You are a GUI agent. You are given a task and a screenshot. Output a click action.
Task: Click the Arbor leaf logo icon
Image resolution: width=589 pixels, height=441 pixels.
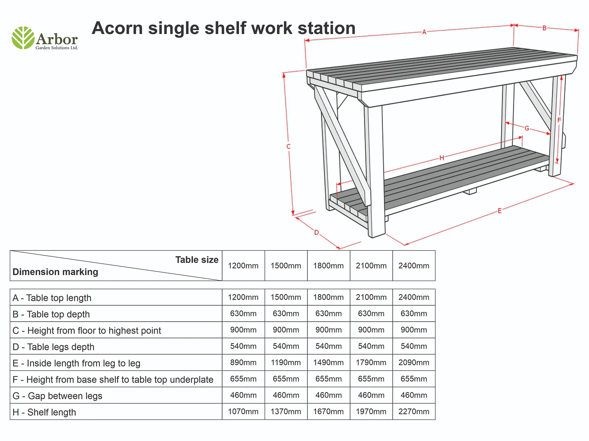coord(23,38)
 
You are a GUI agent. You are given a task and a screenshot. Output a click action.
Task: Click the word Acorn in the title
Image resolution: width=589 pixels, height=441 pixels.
coord(117,28)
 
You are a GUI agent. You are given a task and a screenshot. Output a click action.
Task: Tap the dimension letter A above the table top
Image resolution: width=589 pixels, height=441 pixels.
coord(424,32)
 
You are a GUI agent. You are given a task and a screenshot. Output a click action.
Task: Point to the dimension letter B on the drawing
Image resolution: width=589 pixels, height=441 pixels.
coord(544,28)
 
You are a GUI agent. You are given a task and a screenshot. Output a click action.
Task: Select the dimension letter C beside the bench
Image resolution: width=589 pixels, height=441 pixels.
coord(288,147)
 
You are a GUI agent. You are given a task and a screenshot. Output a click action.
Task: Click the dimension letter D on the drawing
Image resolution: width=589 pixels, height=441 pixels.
coord(316,232)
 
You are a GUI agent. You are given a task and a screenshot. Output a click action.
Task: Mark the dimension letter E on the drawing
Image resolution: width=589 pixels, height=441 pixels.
coord(499,211)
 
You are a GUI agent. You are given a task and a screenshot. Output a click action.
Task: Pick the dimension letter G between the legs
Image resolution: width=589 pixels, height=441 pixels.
coord(527,128)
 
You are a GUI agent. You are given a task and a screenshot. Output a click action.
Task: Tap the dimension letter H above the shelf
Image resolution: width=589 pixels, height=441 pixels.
coord(441,158)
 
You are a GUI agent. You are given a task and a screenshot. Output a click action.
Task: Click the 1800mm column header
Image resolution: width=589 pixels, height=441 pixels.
coord(328,266)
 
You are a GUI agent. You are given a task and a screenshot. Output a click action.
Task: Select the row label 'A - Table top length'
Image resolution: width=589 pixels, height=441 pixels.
coord(52,298)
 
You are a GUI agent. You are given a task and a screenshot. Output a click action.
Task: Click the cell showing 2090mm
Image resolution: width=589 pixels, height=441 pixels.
coord(414,363)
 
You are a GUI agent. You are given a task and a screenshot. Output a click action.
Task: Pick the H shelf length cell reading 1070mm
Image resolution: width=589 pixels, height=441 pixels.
coord(243,412)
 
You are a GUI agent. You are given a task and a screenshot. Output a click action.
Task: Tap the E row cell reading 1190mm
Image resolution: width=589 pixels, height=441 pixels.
coord(286,363)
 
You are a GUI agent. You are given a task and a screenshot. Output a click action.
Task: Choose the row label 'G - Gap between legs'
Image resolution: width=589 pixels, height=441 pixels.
coord(57,396)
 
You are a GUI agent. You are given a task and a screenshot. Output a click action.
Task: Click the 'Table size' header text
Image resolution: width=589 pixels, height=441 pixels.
coord(197,260)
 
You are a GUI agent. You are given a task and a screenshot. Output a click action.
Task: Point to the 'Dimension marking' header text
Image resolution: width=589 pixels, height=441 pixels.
coord(55,272)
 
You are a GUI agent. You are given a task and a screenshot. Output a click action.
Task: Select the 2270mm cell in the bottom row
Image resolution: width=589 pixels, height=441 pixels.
coord(414,412)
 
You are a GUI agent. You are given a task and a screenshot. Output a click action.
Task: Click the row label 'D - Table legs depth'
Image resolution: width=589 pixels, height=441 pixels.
coord(54,347)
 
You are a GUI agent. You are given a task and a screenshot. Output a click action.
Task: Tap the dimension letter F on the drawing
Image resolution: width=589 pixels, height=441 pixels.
coord(559,120)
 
